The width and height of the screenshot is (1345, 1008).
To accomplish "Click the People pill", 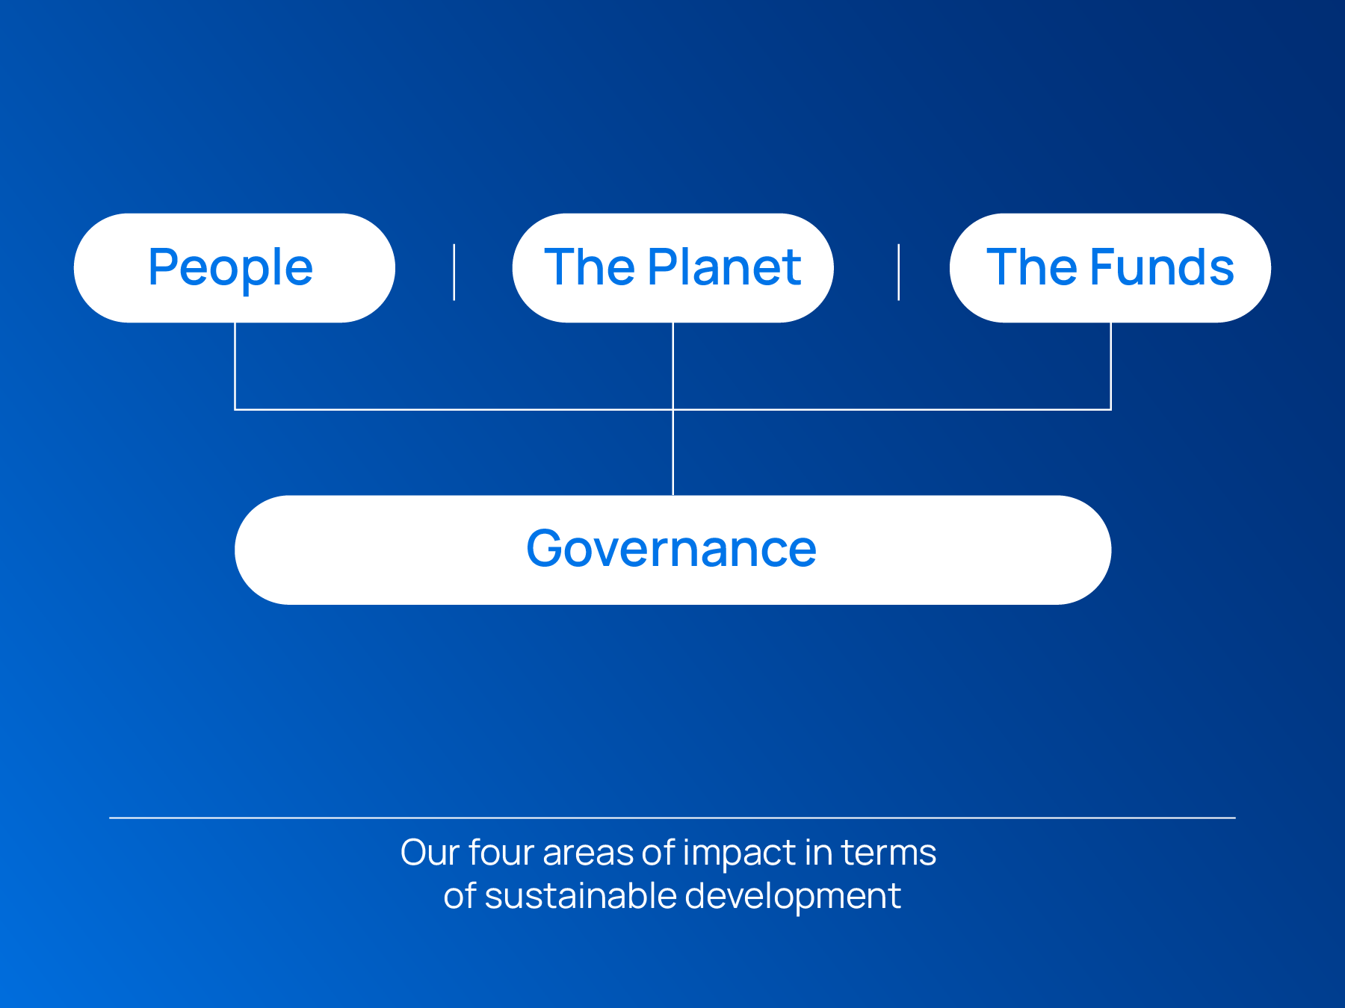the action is click(x=235, y=268).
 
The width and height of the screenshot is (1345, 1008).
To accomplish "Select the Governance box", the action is click(x=672, y=550).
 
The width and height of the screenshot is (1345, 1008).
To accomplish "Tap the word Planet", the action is click(x=724, y=267).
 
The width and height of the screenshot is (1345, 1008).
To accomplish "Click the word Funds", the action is click(x=1162, y=267).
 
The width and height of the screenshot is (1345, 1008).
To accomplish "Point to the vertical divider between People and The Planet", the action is click(x=454, y=272).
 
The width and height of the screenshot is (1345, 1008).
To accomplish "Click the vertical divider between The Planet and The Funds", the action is click(x=898, y=272).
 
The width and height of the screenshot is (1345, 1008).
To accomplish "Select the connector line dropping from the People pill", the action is click(x=235, y=366).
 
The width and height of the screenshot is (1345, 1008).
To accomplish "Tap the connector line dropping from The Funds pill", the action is click(x=1110, y=366).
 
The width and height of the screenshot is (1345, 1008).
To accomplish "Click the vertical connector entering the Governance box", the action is click(x=673, y=452).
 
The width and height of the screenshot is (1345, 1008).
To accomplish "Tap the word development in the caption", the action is click(x=793, y=897).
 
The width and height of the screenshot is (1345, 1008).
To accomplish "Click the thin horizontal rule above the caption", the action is click(x=672, y=818).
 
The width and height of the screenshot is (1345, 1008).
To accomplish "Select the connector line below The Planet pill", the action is click(x=673, y=366).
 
